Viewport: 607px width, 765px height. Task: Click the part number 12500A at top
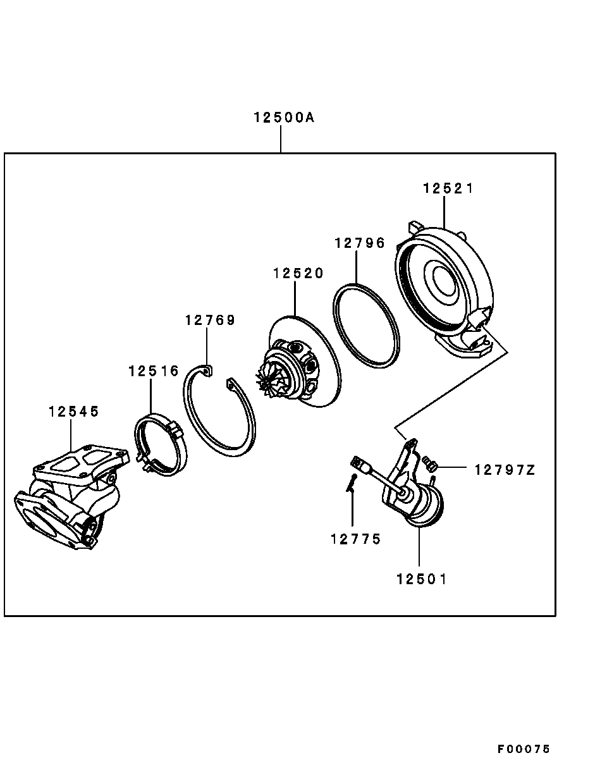pos(284,118)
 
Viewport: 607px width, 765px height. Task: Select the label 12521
pos(448,188)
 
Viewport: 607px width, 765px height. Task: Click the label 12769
pos(210,320)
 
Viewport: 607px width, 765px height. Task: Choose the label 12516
pos(154,371)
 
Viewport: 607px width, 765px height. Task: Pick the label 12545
pos(74,412)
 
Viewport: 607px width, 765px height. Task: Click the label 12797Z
pos(505,470)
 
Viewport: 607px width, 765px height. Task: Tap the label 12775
pos(356,539)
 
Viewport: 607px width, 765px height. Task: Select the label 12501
pos(422,579)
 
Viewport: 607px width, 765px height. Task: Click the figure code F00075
pos(524,749)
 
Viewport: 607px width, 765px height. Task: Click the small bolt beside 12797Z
pos(431,463)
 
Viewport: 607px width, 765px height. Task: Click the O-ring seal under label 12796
pos(367,325)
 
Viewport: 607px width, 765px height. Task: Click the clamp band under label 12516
pos(161,446)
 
